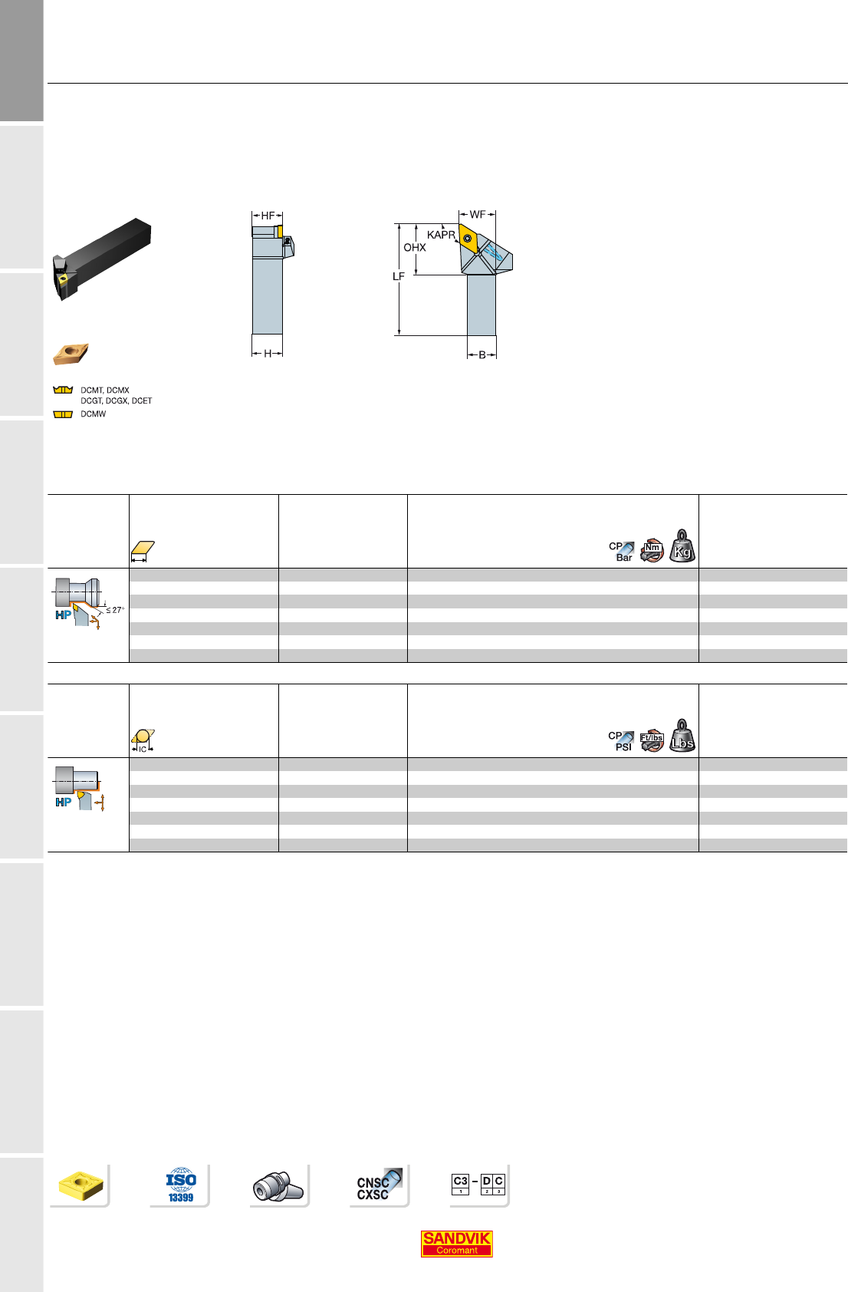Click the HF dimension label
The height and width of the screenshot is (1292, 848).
(268, 216)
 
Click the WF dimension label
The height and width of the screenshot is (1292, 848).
(478, 215)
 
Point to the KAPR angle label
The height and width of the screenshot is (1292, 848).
(441, 235)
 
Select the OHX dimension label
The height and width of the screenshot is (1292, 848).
(415, 248)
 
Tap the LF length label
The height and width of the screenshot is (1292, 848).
(399, 276)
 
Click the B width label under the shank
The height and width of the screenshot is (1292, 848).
(482, 354)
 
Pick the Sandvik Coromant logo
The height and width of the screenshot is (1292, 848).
(456, 1244)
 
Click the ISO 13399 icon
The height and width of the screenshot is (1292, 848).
(181, 1185)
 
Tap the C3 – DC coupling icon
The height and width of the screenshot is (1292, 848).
(478, 1184)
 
